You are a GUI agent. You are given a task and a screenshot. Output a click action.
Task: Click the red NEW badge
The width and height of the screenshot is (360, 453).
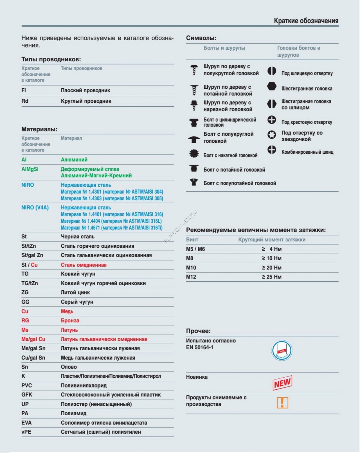(x=282, y=383)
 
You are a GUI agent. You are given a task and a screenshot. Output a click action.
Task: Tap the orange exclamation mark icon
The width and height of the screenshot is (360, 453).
(x=282, y=403)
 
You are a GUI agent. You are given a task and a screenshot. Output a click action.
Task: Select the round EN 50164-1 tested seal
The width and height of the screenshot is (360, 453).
(x=282, y=351)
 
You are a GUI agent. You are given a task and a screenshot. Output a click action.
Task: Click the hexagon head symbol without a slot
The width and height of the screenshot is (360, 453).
(x=272, y=86)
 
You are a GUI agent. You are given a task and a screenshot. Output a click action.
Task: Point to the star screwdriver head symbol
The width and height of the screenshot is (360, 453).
(x=272, y=135)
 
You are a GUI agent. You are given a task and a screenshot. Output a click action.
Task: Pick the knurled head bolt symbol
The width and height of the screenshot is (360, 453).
(x=194, y=154)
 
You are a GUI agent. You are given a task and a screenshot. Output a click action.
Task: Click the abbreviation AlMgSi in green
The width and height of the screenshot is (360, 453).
(x=30, y=169)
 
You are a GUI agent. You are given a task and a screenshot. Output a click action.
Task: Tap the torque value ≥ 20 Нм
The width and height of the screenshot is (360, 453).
(x=272, y=268)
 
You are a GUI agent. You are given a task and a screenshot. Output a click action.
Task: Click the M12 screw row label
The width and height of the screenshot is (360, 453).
(x=191, y=277)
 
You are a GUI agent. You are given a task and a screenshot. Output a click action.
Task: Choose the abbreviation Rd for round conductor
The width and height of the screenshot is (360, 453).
(x=25, y=101)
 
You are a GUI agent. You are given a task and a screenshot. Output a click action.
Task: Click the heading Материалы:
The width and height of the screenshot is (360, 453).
(x=39, y=129)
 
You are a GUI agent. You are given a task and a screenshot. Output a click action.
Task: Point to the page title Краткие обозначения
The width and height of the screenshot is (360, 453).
(x=306, y=21)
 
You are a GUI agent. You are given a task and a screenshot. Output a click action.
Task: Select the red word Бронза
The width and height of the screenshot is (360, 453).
(x=70, y=320)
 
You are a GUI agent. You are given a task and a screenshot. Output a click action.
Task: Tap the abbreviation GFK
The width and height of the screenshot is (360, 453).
(x=27, y=395)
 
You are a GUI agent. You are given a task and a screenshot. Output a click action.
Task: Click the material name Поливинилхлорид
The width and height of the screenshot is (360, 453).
(x=84, y=385)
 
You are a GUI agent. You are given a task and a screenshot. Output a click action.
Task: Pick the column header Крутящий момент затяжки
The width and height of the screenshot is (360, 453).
(x=272, y=240)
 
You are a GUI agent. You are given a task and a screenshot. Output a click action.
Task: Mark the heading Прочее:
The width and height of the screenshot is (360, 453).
(x=198, y=331)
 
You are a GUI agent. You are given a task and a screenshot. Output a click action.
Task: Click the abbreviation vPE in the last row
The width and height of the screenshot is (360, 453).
(x=26, y=432)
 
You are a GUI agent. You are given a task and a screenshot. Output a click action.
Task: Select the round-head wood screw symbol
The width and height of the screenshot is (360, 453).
(x=194, y=69)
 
